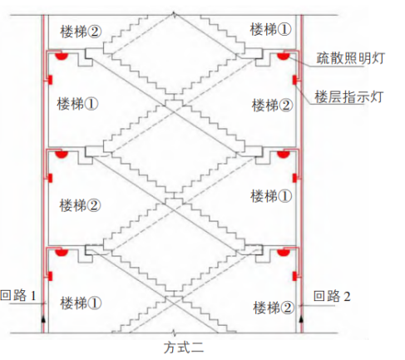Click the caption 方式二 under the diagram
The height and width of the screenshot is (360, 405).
[184, 348]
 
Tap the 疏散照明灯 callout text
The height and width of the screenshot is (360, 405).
[351, 58]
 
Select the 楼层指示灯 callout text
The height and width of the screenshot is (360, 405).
[349, 97]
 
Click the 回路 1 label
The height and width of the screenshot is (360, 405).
[18, 295]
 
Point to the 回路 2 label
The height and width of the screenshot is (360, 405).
[332, 296]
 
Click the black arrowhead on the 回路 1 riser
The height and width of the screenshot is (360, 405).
[43, 319]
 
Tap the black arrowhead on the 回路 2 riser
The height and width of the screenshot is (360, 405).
[302, 319]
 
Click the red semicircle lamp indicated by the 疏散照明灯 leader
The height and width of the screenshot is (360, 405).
[284, 57]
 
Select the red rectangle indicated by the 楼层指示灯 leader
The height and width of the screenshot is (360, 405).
[294, 80]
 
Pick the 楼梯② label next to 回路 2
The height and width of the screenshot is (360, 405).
[273, 308]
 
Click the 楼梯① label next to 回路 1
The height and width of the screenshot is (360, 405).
[81, 303]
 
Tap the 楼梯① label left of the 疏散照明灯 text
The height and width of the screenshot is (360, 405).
[270, 29]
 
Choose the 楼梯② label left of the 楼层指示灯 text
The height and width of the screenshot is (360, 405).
[272, 106]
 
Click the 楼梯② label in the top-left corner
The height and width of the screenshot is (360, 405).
[81, 32]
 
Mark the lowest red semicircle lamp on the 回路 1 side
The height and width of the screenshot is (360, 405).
[62, 252]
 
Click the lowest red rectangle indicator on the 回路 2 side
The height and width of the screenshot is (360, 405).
[294, 276]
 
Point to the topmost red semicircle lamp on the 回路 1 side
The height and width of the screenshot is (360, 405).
[62, 57]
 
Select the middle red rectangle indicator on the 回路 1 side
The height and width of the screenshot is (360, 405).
[50, 178]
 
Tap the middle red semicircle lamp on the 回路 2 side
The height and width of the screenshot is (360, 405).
[284, 155]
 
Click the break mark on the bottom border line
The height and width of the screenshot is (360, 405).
[174, 332]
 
